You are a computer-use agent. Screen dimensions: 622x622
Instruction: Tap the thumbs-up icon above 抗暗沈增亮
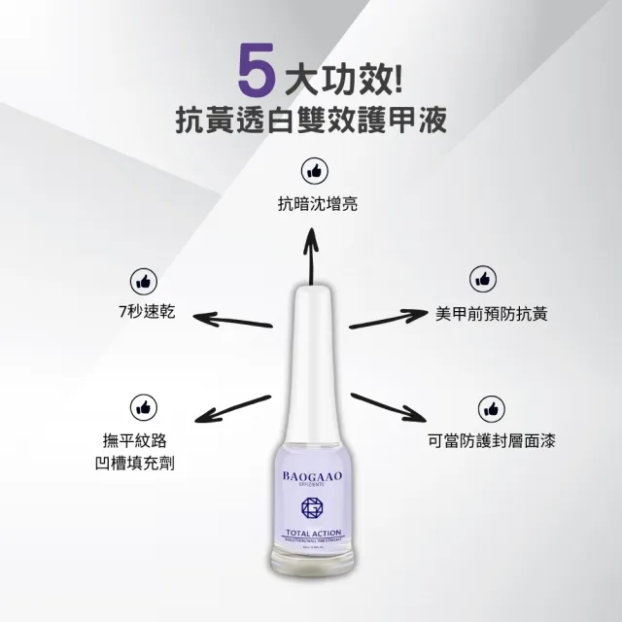pos(311,171)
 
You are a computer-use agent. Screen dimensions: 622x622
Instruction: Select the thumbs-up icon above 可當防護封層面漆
pos(491,407)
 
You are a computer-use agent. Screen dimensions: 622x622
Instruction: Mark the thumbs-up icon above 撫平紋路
pos(142,406)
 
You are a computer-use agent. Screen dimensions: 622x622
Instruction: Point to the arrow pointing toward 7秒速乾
pos(232,320)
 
